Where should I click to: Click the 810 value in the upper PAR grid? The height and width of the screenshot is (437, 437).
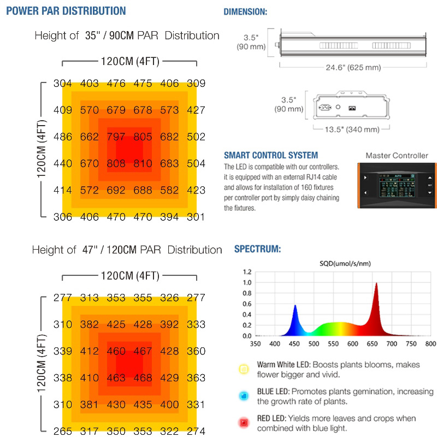coord(143,163)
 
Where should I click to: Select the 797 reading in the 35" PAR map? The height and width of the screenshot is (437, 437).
coord(116,137)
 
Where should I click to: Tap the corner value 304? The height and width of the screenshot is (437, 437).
coord(63,84)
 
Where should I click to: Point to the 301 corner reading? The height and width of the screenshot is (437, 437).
coord(196,217)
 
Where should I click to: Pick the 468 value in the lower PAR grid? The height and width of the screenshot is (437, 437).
coord(143,377)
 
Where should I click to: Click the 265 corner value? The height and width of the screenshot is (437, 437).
coord(63,431)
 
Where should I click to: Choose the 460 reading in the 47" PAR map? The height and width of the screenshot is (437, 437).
coord(116,351)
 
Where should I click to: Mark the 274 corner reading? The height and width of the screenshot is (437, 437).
coord(196,431)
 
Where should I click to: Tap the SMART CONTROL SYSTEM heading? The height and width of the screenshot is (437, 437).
coord(271,155)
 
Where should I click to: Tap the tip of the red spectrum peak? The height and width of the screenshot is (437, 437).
coord(376,284)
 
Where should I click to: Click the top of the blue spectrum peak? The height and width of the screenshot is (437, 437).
coord(296,306)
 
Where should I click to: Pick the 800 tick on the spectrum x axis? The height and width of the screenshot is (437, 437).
coord(430,344)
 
